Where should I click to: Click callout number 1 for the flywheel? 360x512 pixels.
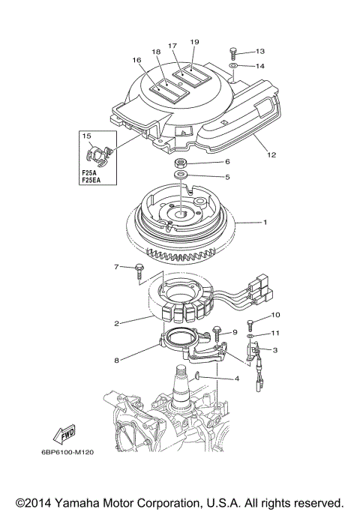point(264,223)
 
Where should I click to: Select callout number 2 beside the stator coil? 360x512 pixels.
point(118,324)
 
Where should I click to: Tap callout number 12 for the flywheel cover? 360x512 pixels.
point(271,155)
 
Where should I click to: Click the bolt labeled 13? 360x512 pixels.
point(233,52)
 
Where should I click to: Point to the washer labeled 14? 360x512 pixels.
point(234,67)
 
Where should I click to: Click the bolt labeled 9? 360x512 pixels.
point(217,330)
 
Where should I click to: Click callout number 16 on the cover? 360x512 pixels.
point(136,61)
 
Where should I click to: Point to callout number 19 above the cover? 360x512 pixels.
point(194,42)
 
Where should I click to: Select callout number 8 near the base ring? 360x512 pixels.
point(117,361)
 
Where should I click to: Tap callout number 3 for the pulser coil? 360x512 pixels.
point(275,350)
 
